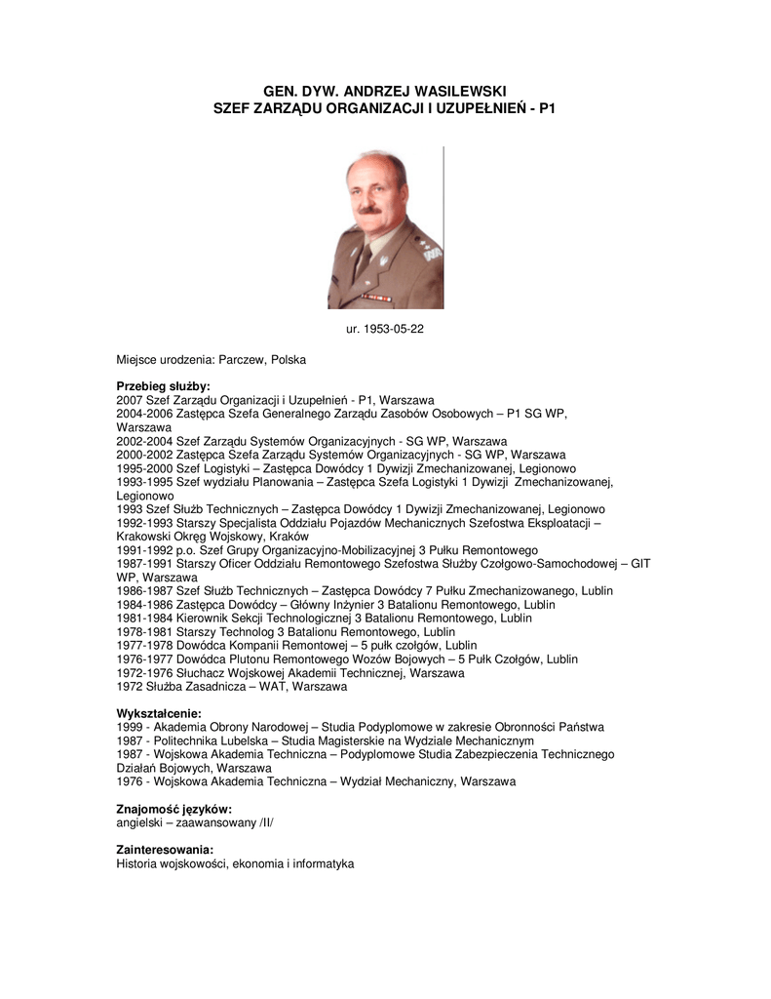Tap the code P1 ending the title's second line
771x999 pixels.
(546, 107)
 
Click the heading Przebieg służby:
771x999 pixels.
(163, 386)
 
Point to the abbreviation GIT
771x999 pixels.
(640, 564)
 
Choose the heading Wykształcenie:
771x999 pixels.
(159, 714)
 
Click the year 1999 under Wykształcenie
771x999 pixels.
(130, 727)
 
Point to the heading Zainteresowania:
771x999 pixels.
(165, 851)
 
